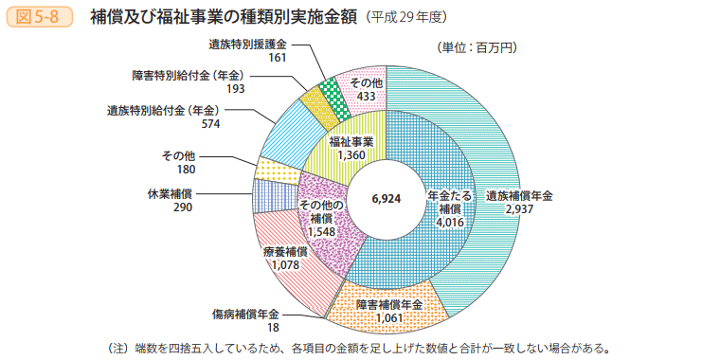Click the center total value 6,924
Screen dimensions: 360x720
click(387, 200)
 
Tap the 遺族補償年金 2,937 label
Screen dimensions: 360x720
click(518, 201)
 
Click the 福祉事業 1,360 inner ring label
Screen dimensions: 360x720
click(351, 148)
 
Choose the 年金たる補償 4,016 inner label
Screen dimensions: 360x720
click(448, 207)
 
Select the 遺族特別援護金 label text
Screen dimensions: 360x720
click(248, 45)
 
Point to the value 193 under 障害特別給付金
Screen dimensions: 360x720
click(236, 88)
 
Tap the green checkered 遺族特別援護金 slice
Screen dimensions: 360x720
click(331, 92)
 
